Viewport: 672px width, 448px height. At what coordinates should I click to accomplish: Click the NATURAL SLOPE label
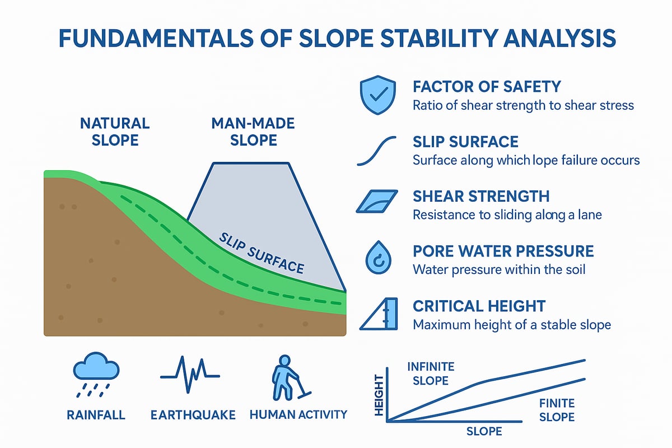pyautogui.click(x=114, y=131)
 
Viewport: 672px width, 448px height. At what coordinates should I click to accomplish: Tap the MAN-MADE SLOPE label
pyautogui.click(x=245, y=131)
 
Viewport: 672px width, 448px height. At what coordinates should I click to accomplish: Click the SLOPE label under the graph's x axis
pyautogui.click(x=484, y=432)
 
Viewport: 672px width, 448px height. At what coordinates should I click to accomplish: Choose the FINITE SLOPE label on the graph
pyautogui.click(x=556, y=410)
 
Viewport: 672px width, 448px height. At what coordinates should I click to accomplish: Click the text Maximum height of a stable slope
pyautogui.click(x=511, y=325)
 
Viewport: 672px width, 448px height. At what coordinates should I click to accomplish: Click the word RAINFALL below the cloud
pyautogui.click(x=95, y=415)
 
